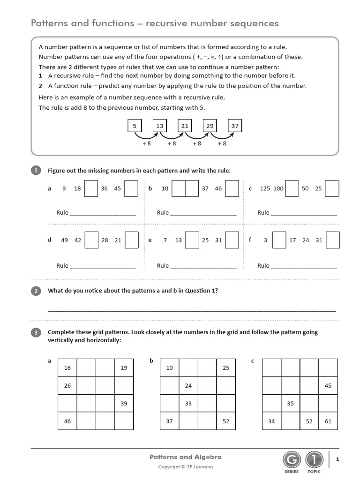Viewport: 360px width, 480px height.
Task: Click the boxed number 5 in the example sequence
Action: (135, 126)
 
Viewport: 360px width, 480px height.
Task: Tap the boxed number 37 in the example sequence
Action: (235, 126)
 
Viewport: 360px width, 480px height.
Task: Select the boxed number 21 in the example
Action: (185, 126)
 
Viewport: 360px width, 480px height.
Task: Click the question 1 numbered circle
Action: (36, 171)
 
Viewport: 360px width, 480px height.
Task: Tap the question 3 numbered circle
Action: (36, 332)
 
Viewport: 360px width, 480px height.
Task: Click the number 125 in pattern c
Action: (265, 188)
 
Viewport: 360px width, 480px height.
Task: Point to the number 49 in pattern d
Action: (65, 240)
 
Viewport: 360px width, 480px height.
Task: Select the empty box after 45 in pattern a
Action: (132, 188)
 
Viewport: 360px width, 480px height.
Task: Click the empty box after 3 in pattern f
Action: (279, 240)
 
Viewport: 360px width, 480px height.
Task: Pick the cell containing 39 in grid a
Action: (124, 404)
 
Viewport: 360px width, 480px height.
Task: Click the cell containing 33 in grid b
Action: (188, 404)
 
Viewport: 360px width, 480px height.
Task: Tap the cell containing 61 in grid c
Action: (328, 421)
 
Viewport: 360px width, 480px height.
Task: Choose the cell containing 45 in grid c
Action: (328, 386)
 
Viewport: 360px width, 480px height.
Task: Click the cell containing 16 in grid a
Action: (67, 368)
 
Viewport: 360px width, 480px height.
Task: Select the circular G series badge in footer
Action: (291, 459)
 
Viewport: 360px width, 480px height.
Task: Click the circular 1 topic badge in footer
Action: (314, 459)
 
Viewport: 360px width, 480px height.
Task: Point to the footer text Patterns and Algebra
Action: (185, 457)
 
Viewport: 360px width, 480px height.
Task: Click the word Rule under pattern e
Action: (163, 265)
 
